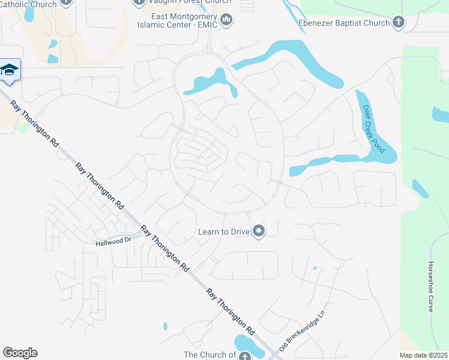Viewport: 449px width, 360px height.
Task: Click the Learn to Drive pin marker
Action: click(259, 231)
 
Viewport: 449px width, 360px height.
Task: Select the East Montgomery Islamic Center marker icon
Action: click(226, 21)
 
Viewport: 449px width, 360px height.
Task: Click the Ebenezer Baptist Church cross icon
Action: click(397, 23)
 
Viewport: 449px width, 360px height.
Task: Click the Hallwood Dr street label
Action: click(113, 242)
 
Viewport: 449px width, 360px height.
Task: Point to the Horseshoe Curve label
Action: click(431, 286)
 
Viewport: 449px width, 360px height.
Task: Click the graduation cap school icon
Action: click(10, 71)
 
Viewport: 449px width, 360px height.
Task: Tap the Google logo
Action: click(20, 353)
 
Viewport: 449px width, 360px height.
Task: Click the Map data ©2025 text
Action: click(424, 355)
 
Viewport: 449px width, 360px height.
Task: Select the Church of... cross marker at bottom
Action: click(244, 356)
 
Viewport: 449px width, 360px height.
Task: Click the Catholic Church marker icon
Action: click(66, 2)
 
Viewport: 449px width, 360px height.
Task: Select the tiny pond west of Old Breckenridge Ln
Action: click(315, 268)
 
